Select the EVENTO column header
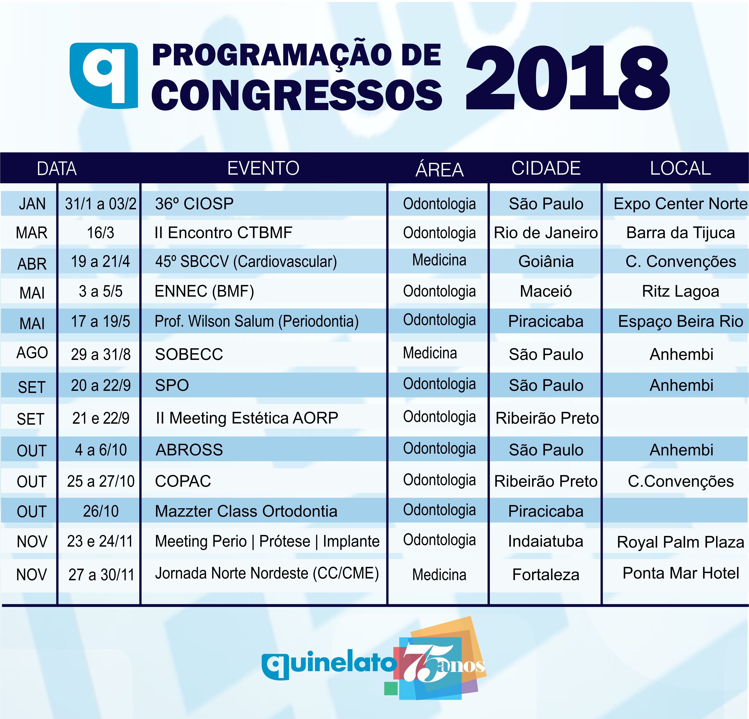pyautogui.click(x=263, y=168)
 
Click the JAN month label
pyautogui.click(x=32, y=204)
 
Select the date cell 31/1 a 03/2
pyautogui.click(x=101, y=204)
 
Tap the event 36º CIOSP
pyautogui.click(x=194, y=204)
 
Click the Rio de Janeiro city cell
pyautogui.click(x=546, y=233)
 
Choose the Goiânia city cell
pyautogui.click(x=546, y=261)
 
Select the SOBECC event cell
pyautogui.click(x=189, y=354)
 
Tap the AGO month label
pyautogui.click(x=32, y=353)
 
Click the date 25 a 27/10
pyautogui.click(x=101, y=481)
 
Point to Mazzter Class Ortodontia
pyautogui.click(x=246, y=511)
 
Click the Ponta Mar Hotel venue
pyautogui.click(x=681, y=573)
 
